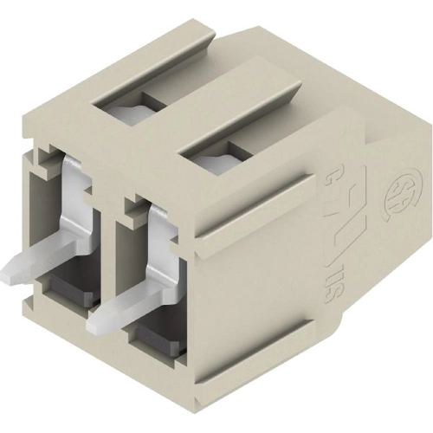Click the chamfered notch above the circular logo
(x=364, y=130)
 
